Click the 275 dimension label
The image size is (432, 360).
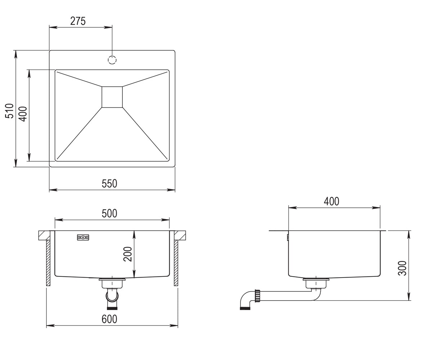[78, 21]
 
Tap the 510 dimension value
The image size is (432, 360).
[9, 111]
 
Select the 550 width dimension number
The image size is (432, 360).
[109, 184]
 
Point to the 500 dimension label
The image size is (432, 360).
[109, 213]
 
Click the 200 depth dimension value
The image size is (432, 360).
[128, 254]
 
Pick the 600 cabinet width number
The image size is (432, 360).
[109, 319]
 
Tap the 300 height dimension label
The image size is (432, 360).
[402, 268]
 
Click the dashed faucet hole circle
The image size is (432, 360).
[112, 60]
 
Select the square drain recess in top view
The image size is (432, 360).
[112, 97]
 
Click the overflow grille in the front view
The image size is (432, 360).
[83, 237]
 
